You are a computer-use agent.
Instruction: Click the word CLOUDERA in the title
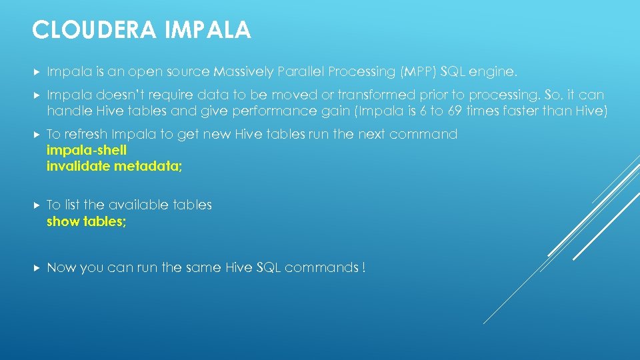coord(81,30)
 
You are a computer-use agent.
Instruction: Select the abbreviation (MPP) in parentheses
coord(417,71)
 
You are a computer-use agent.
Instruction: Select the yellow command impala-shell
coord(86,150)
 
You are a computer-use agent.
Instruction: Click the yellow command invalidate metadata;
coord(114,167)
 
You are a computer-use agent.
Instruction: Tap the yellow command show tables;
coord(86,221)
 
